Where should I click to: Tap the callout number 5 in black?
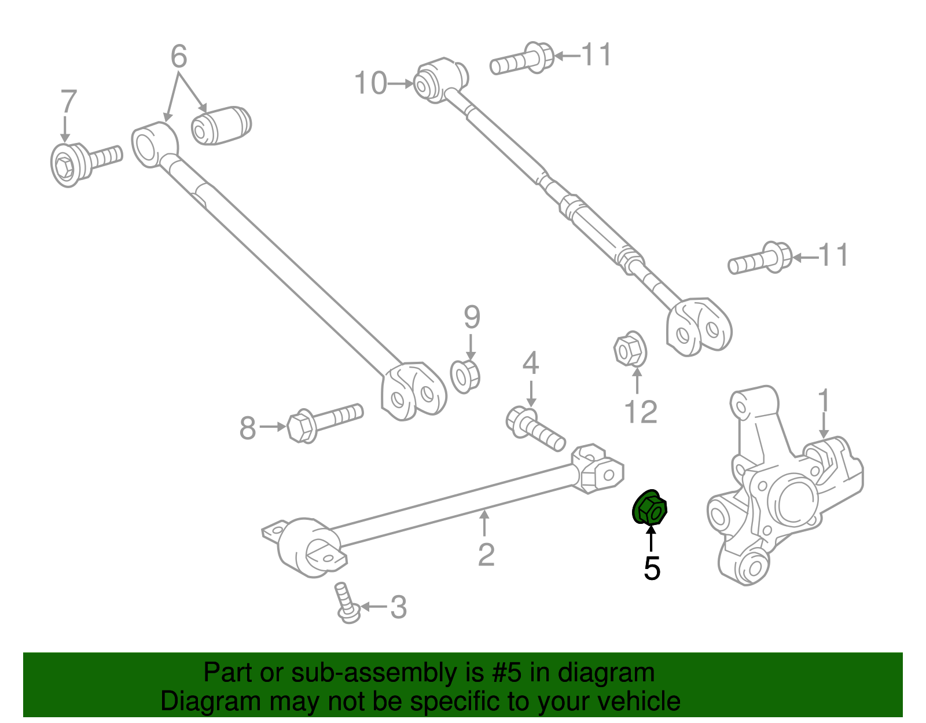coord(652,569)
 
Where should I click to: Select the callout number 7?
coord(68,102)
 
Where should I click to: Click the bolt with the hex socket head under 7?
coord(81,162)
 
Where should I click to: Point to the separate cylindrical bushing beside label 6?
coord(221,125)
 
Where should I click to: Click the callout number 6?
coord(179,57)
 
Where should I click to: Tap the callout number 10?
coord(370,83)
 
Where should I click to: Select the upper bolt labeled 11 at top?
coord(522,60)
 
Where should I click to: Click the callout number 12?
coord(641,412)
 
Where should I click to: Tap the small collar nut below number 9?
coord(465,377)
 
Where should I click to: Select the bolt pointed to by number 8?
coord(324,421)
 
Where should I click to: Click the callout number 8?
coord(248,429)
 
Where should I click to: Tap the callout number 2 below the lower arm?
coord(486,555)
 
